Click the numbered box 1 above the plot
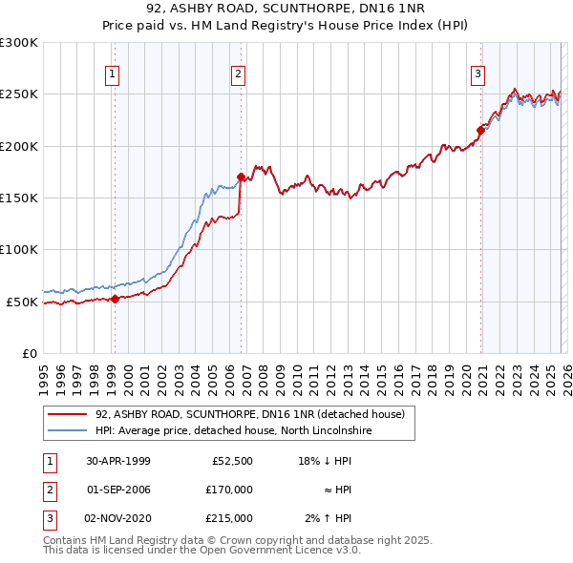114,73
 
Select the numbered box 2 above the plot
238,73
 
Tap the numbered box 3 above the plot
477,73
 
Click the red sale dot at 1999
115,299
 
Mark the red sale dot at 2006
241,177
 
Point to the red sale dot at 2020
480,131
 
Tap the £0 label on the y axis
28,353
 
